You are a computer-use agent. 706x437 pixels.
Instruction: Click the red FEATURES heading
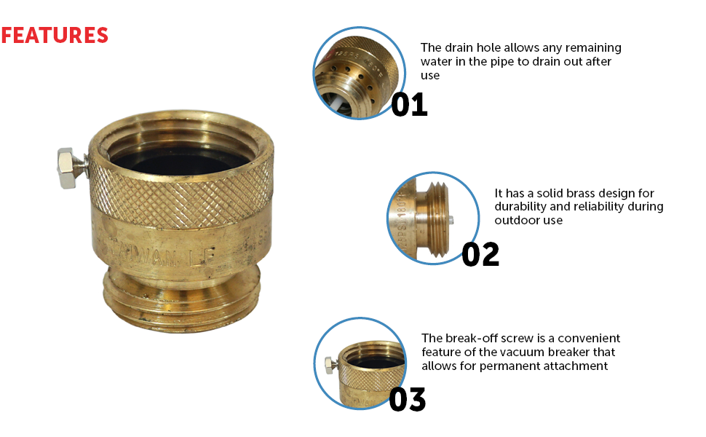click(55, 35)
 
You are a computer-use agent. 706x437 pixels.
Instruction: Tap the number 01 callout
click(409, 105)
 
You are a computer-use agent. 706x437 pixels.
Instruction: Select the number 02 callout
click(480, 254)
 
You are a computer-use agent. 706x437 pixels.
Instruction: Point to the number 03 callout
click(407, 399)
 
